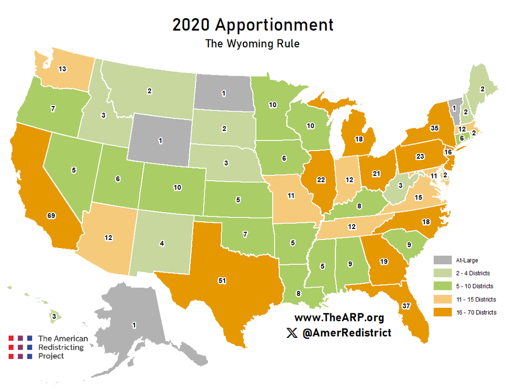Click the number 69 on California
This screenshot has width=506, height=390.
51,216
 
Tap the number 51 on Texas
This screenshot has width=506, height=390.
222,280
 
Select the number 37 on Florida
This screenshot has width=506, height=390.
406,306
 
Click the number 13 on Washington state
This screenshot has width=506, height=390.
62,70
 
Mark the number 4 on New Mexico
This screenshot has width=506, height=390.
162,244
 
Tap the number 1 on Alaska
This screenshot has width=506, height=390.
134,325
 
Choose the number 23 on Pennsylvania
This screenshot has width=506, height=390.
419,157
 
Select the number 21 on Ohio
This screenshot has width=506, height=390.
376,174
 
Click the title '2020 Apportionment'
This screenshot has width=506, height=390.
252,25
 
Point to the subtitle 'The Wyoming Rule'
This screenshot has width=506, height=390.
252,44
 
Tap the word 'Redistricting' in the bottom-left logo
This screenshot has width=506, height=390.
63,348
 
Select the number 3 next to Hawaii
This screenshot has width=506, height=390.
54,317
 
